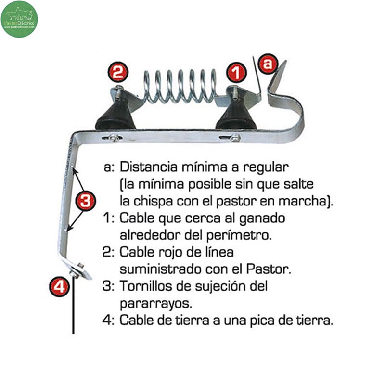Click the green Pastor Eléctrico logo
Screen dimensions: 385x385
[19, 19]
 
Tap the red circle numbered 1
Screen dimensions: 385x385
[236, 72]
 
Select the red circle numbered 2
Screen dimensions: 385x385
[118, 72]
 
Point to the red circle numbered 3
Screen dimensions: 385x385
[86, 201]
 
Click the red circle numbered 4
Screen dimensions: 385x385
[59, 286]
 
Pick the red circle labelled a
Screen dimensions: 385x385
[269, 64]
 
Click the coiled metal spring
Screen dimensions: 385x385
[180, 86]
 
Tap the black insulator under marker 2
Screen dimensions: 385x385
[115, 115]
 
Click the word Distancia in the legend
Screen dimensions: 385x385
[149, 167]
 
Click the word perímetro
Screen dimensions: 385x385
[239, 235]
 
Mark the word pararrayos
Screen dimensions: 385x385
[155, 304]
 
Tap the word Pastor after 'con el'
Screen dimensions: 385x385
[269, 269]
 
